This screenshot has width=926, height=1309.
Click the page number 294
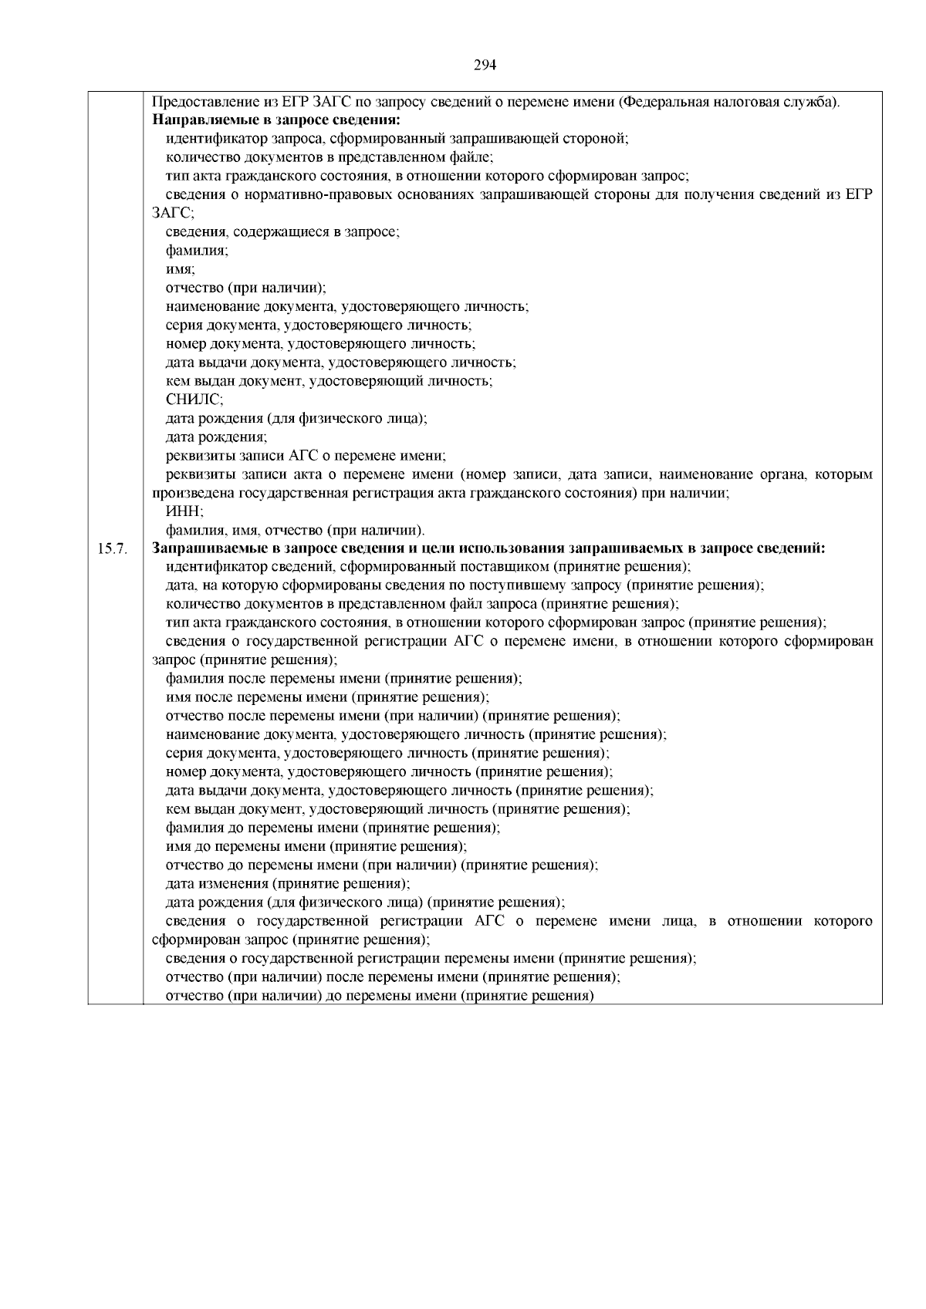pos(485,65)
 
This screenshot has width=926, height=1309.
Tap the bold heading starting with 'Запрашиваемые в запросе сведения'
pos(488,548)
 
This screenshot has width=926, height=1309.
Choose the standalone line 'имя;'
pos(181,269)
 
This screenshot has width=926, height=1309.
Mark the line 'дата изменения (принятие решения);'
pos(288,883)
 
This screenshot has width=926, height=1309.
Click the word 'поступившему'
pos(487,585)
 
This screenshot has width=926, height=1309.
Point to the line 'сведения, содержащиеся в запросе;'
pos(282,232)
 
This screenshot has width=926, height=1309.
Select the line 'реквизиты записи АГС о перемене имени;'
pos(306,455)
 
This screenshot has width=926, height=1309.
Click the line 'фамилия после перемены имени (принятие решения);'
pos(344,679)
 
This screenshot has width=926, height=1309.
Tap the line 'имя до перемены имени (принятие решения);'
pos(316,846)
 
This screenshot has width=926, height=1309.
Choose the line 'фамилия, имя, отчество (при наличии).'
pos(296,530)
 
